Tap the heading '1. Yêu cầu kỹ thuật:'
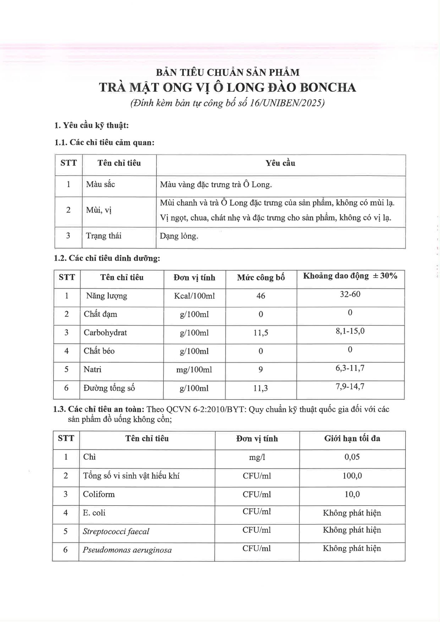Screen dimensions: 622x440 tap(91, 125)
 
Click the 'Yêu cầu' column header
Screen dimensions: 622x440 tap(280, 163)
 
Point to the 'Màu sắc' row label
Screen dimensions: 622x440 tap(101, 184)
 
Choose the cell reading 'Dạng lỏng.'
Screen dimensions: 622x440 tap(179, 236)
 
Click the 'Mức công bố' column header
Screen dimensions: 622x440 tap(261, 277)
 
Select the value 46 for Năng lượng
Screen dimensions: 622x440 tap(261, 296)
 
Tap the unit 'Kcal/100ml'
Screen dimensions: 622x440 tap(194, 296)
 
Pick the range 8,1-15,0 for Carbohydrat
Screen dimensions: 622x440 tap(350, 331)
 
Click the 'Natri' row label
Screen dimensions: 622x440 tap(92, 369)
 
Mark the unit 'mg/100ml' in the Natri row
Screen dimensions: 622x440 tap(194, 370)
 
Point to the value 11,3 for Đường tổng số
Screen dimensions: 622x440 tap(261, 388)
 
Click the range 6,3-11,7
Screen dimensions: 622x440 tap(350, 368)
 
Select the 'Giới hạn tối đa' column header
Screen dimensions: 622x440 tap(352, 439)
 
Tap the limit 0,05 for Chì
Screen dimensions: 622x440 tap(352, 457)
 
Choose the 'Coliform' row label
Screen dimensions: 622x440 tap(99, 494)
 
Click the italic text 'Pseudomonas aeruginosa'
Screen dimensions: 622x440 tap(127, 550)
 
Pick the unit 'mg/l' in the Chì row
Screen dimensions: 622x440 tap(257, 457)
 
